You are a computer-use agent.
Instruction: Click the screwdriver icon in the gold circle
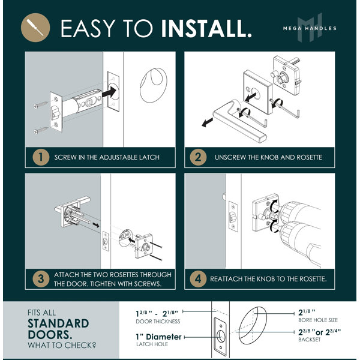35,28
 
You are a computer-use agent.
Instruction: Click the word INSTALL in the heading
206,28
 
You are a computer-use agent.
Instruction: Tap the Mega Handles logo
310,28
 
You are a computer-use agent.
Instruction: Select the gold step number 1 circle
41,157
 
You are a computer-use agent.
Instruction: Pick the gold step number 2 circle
198,157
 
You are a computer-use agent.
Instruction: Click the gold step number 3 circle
41,279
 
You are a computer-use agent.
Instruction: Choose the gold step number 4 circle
198,279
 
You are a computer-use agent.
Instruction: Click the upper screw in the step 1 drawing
40,105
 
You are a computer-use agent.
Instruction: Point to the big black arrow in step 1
109,92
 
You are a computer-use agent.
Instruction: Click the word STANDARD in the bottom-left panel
58,323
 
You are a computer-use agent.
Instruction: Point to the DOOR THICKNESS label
158,322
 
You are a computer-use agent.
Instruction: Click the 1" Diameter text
158,337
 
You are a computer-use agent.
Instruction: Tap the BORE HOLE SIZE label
318,320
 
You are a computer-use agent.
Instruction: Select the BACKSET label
309,340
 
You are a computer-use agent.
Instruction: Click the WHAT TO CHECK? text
62,346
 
